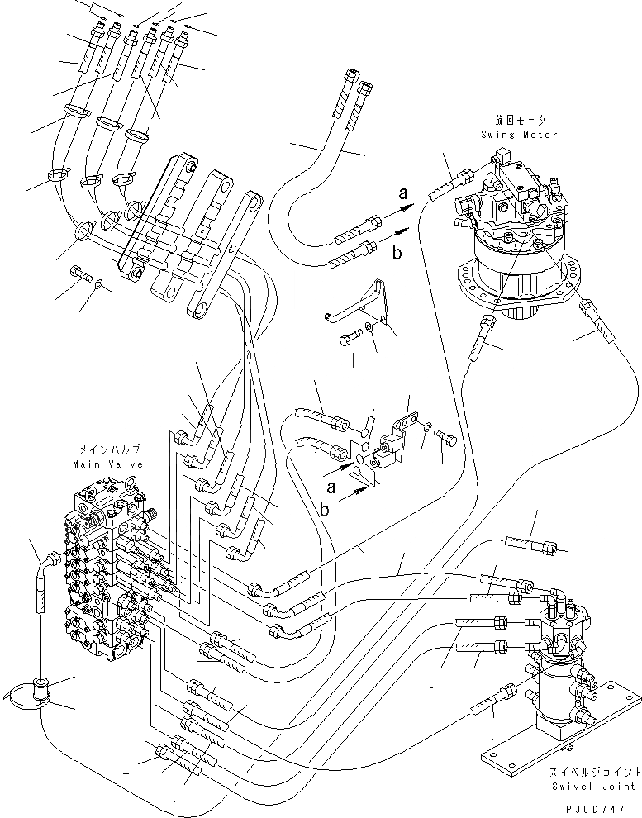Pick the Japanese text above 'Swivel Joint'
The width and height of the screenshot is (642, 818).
pyautogui.click(x=594, y=772)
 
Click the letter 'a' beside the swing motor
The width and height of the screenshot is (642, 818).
pyautogui.click(x=402, y=195)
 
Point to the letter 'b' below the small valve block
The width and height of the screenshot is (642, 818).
pyautogui.click(x=324, y=510)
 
